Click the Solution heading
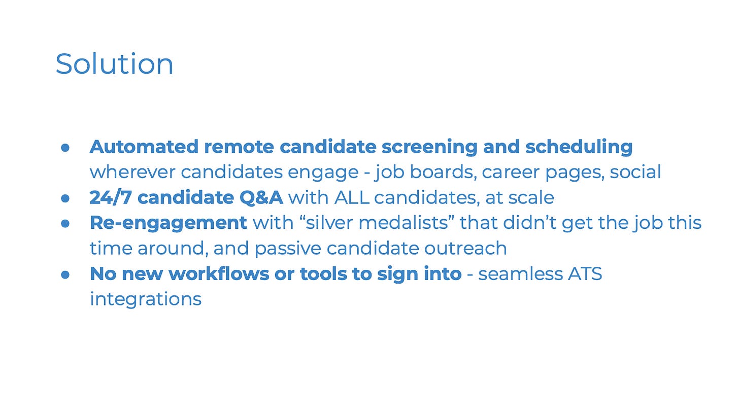coord(114,64)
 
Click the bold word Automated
coord(144,147)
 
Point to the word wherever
coord(132,172)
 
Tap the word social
coord(635,172)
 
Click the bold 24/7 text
coord(111,197)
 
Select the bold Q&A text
coord(261,198)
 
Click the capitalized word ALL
coord(352,197)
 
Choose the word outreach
coord(465,249)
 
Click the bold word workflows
coord(219,274)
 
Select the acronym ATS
coord(585,274)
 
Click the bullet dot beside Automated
coord(65,148)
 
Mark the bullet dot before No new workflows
coord(65,275)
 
